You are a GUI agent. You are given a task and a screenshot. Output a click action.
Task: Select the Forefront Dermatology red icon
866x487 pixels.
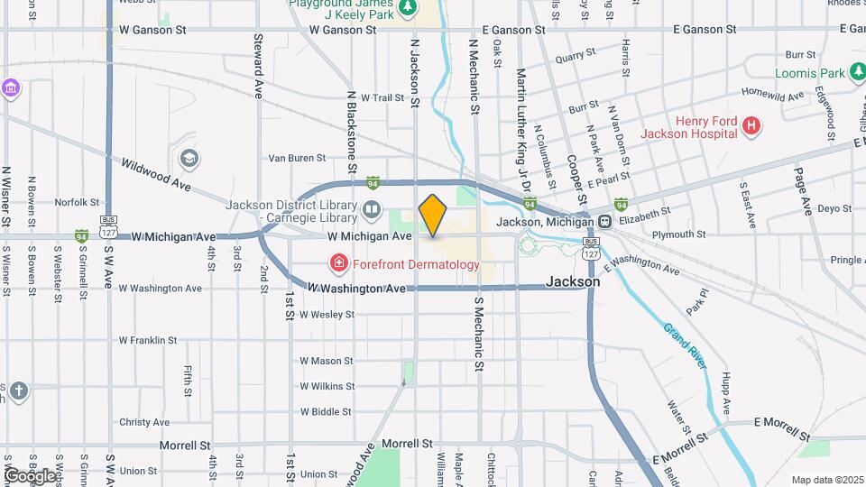click(x=339, y=264)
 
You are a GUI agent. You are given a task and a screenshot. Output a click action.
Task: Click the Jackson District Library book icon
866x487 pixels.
click(x=372, y=211)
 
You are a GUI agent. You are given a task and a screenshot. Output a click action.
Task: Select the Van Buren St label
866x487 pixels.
click(x=297, y=158)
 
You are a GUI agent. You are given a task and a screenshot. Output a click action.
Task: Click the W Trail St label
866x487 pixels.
click(x=382, y=97)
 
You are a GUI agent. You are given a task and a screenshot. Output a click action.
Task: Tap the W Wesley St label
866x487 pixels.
click(x=327, y=315)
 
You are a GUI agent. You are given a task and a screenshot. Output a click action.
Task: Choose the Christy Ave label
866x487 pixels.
click(x=144, y=422)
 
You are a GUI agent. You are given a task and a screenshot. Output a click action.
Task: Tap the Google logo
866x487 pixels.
click(x=30, y=475)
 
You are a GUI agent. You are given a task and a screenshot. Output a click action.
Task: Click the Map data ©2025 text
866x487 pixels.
click(x=826, y=480)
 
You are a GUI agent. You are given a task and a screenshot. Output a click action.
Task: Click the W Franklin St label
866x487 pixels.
click(x=147, y=341)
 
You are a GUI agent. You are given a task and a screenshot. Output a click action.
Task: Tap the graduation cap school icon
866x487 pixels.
click(x=189, y=160)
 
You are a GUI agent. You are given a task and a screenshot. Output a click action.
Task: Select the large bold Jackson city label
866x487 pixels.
click(x=574, y=281)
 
